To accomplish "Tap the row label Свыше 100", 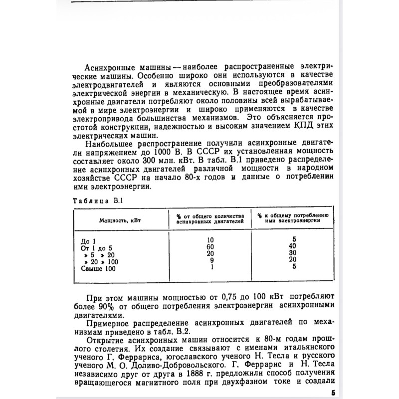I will click(x=98, y=269).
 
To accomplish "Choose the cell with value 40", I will click(x=294, y=246).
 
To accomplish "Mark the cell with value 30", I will click(x=294, y=253).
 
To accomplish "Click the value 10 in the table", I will click(x=210, y=240).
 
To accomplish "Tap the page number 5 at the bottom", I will click(x=333, y=393).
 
